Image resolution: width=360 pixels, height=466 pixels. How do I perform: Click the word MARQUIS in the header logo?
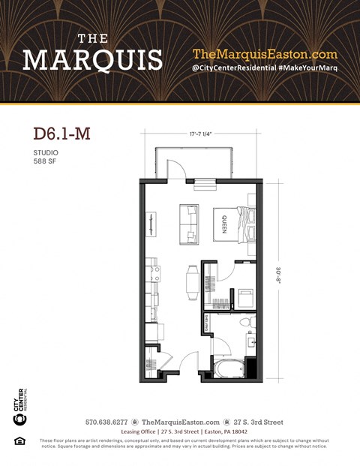(91, 60)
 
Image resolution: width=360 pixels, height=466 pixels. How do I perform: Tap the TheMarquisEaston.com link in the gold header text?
(265, 54)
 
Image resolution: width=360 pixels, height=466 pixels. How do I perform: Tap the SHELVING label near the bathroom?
(205, 324)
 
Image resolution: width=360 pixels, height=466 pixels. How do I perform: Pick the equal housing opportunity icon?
(19, 440)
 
